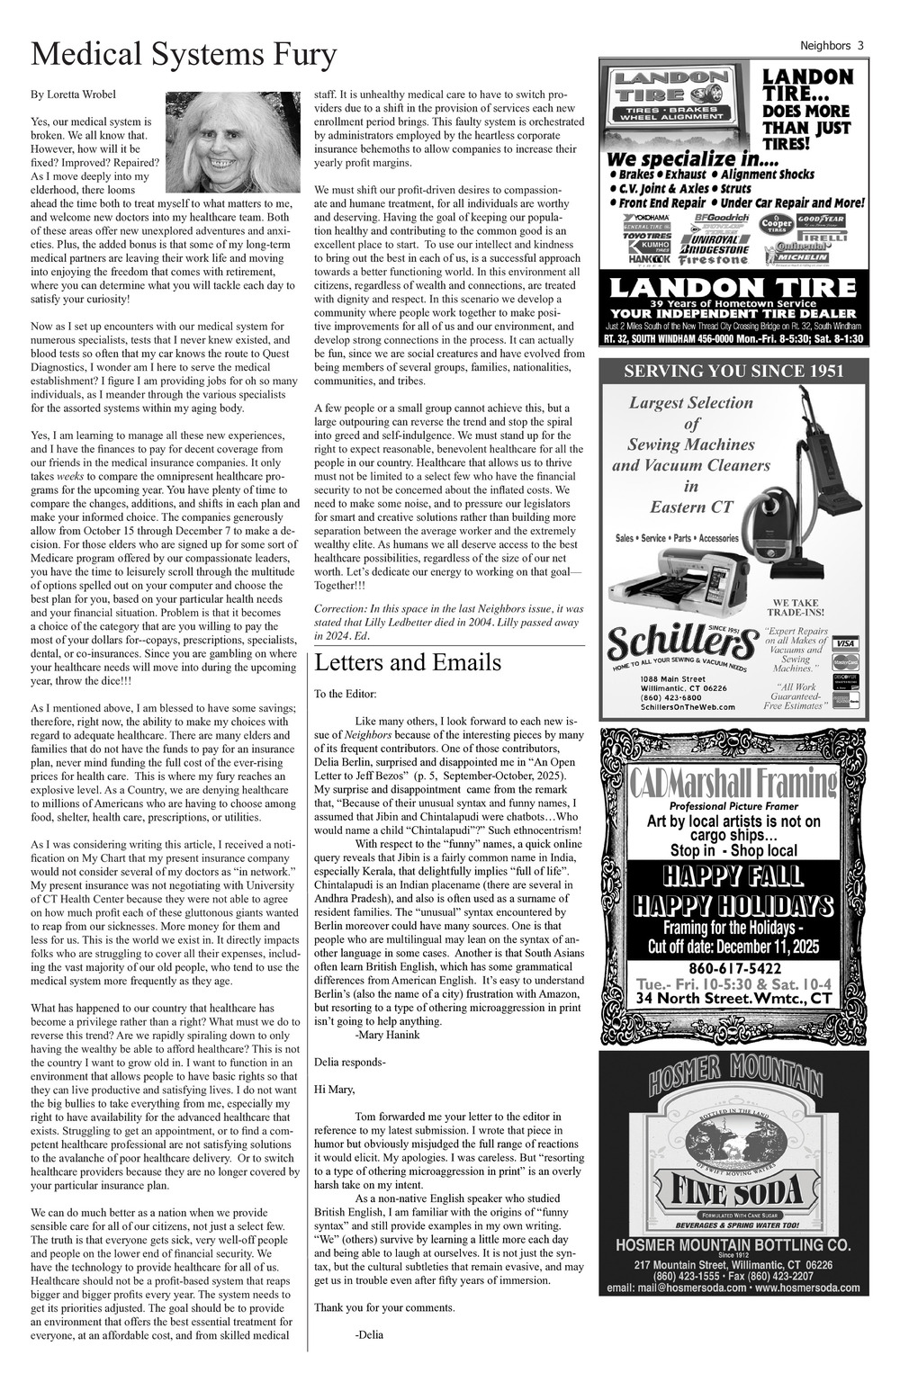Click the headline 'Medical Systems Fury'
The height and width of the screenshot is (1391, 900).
(184, 56)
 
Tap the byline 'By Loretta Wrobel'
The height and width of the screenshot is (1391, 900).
(73, 94)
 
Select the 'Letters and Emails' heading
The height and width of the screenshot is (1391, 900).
(408, 663)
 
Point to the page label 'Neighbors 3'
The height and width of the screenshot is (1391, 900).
(832, 46)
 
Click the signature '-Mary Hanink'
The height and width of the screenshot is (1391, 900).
(387, 1035)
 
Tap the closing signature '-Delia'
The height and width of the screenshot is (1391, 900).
(369, 1335)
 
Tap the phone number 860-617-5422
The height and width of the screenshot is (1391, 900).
(733, 969)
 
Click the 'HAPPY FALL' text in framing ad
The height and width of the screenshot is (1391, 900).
(733, 875)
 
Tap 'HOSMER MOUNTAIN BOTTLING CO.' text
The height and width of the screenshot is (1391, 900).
(733, 1244)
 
